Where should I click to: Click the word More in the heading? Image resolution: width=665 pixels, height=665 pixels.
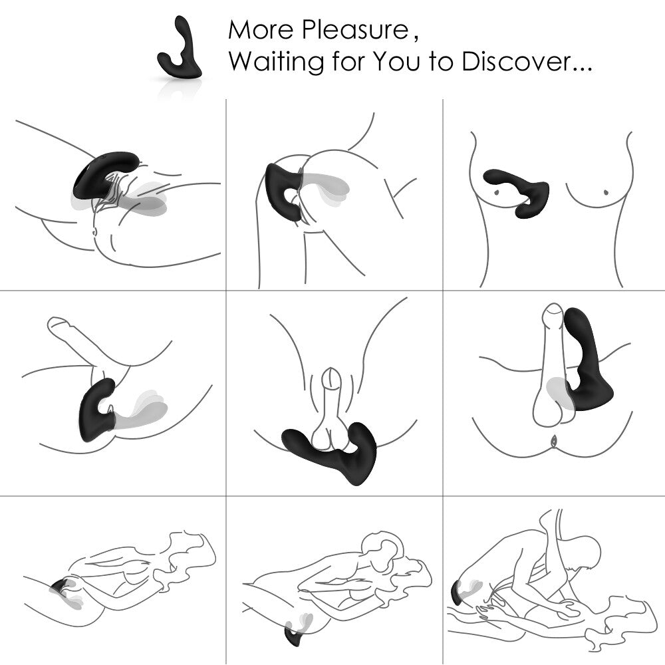coord(260,30)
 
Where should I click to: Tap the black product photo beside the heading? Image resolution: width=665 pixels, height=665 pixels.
coord(179,57)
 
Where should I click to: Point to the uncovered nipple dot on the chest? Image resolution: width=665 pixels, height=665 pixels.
coord(606,192)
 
